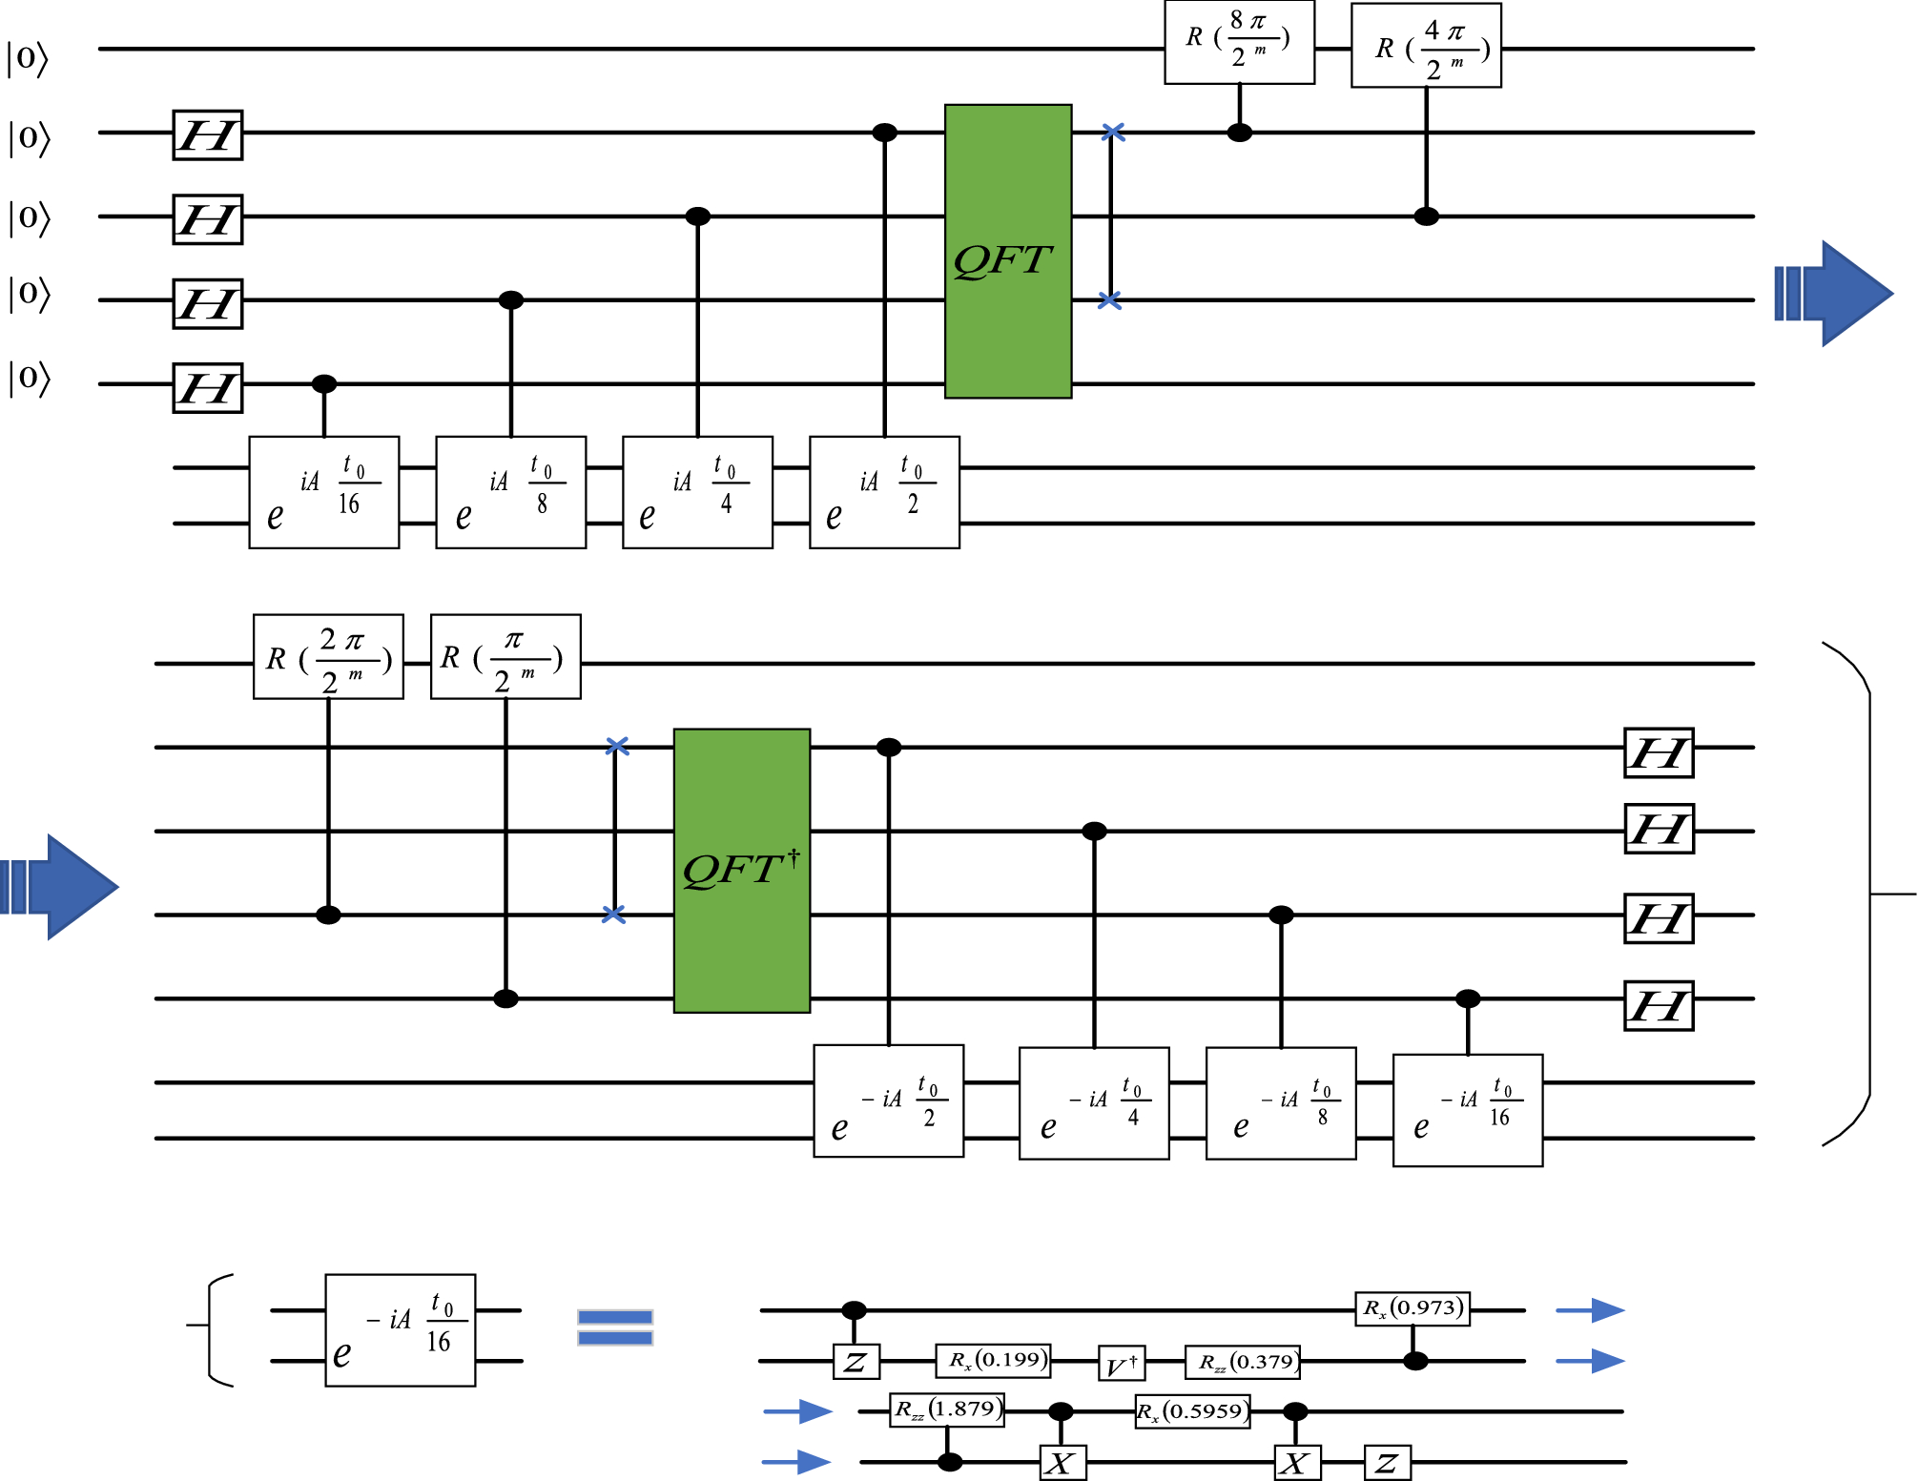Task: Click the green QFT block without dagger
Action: [x=1008, y=252]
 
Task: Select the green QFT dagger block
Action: [x=742, y=871]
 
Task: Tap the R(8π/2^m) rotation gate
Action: [x=1239, y=43]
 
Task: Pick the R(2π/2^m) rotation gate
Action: [x=328, y=657]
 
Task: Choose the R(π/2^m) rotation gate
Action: [x=505, y=657]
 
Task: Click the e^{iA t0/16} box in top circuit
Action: [x=324, y=492]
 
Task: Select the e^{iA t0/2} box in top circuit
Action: [x=884, y=492]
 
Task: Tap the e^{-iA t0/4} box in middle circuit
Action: [x=1094, y=1103]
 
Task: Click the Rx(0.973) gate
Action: [x=1413, y=1307]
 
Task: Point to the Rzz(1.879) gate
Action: [x=947, y=1409]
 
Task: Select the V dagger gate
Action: [x=1122, y=1364]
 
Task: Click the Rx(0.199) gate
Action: [x=994, y=1360]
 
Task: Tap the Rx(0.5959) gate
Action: [x=1192, y=1411]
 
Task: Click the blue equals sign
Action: [x=615, y=1327]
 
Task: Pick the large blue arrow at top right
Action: [x=1834, y=294]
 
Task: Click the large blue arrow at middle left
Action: [x=60, y=887]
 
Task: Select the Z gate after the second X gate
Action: [x=1387, y=1462]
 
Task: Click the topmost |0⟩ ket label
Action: [x=27, y=57]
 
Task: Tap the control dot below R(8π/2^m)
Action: [x=1239, y=133]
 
